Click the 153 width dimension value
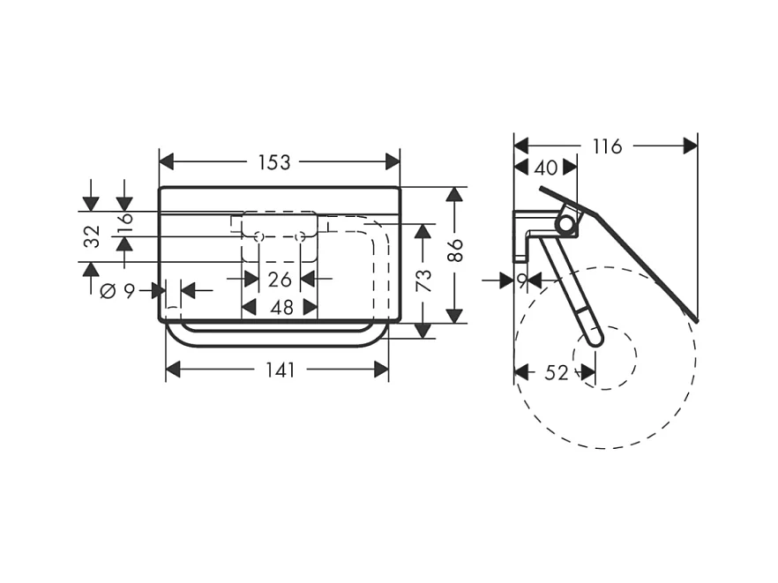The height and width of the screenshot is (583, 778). pos(274,162)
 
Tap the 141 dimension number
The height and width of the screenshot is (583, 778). pos(280,370)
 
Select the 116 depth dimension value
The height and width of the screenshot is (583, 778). pos(607,146)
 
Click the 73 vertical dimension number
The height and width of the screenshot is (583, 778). pos(424,280)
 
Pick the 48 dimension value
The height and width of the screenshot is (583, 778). pos(281,308)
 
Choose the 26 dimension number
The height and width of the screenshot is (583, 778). pos(280,280)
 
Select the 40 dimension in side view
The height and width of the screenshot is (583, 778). pos(546,168)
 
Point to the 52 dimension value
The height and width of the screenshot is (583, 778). pos(556,373)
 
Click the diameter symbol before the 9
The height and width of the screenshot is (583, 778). pos(108,291)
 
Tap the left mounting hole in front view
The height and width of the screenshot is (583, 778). pos(258,236)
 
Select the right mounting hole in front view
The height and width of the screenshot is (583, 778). pos(300,236)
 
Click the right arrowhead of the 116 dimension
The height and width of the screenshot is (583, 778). pos(691,146)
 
